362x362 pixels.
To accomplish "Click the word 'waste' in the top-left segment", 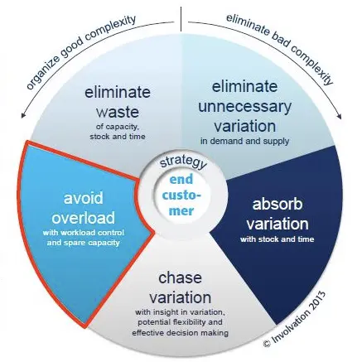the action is (x=118, y=112).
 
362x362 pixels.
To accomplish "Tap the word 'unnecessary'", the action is (x=244, y=107).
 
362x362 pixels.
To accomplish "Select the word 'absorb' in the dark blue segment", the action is (x=278, y=205).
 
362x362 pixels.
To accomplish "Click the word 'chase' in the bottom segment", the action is (x=180, y=278).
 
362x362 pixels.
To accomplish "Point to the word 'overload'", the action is (x=84, y=218).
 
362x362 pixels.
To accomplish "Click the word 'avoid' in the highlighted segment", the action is (x=84, y=198).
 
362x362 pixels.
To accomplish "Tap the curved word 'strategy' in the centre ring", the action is (x=183, y=162).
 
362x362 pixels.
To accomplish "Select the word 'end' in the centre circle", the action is (x=181, y=180).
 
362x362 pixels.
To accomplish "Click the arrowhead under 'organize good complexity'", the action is (x=24, y=115).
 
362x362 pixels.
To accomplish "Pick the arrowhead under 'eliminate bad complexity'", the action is (x=339, y=116).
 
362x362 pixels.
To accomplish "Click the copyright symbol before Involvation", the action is (x=267, y=343).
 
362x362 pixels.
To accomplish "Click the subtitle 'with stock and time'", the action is (x=278, y=239).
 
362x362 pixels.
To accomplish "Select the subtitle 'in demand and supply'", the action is (x=244, y=141).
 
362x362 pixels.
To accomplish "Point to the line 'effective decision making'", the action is (x=180, y=333).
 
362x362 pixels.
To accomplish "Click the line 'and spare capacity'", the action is (x=84, y=243).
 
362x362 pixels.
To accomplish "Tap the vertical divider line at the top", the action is (x=181, y=19).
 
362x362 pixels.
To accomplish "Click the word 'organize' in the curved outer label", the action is (x=44, y=71).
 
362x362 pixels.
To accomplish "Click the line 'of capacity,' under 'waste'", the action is (x=118, y=127).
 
